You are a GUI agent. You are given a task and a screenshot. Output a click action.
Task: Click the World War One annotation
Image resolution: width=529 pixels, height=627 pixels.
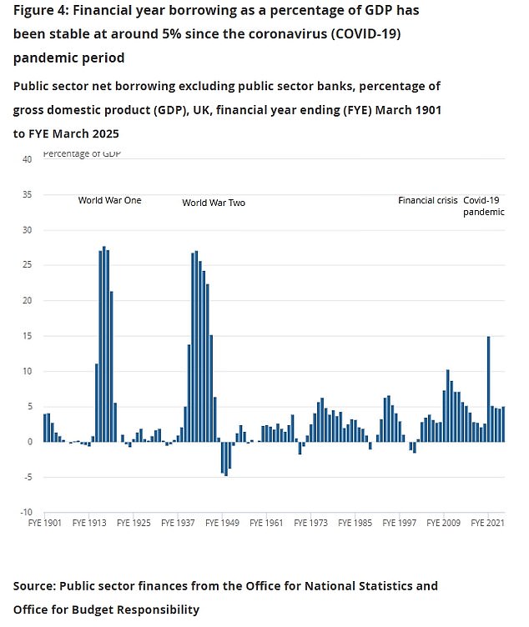point(109,200)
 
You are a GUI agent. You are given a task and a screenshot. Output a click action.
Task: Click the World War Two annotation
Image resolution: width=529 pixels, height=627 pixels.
point(214,203)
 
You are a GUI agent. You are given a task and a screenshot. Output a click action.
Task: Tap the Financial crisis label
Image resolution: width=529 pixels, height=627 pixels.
point(427,200)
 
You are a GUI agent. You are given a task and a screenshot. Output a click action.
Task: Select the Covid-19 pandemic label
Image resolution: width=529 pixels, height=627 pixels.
point(484,206)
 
